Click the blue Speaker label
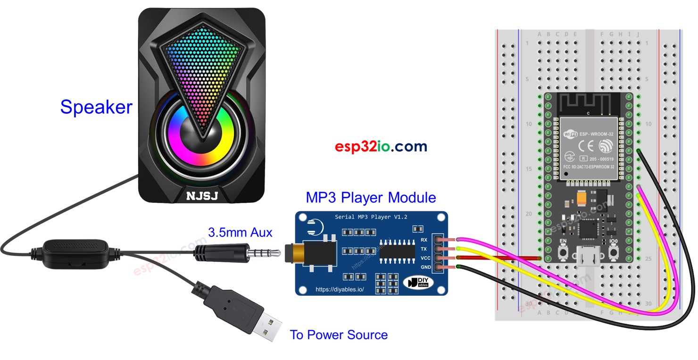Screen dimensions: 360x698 [96, 107]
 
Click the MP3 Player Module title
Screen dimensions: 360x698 [371, 197]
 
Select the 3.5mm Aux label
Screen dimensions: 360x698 [240, 233]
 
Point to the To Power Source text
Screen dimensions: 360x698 [339, 335]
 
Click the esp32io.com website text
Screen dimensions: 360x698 [381, 147]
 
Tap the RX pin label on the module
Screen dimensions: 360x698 [424, 240]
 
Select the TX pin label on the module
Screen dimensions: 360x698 [424, 249]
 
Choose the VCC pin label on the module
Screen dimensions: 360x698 [424, 258]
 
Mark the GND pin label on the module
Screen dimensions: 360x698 [424, 267]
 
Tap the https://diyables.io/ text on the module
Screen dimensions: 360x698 [339, 289]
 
